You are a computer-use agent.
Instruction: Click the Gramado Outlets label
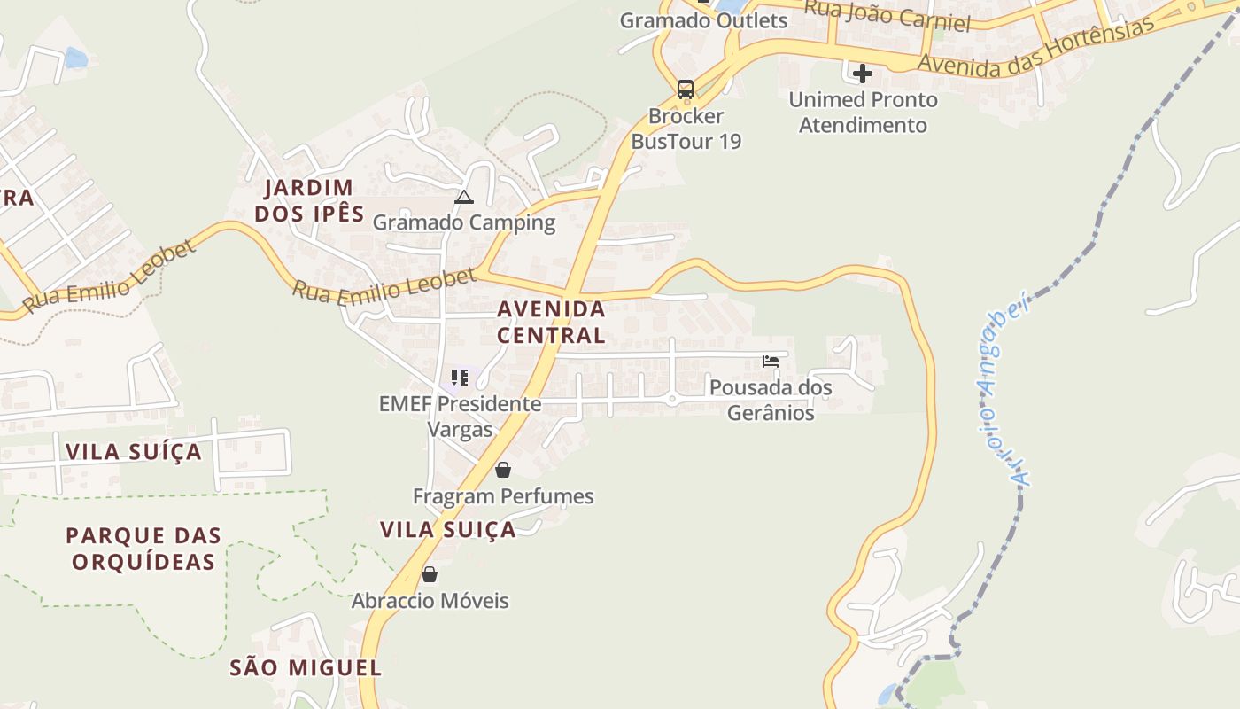(703, 20)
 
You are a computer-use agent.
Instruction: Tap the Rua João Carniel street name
(887, 15)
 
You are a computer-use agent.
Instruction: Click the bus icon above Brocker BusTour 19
(686, 89)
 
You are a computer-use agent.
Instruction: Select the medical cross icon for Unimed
(863, 74)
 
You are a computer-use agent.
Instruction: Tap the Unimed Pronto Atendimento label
(863, 113)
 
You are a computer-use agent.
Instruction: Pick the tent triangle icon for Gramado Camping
(464, 197)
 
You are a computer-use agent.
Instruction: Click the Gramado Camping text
(463, 222)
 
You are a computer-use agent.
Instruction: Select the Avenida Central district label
(551, 322)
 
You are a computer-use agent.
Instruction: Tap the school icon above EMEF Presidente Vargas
(459, 378)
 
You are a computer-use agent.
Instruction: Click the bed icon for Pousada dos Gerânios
(771, 362)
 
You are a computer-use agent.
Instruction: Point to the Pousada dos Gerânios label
(771, 400)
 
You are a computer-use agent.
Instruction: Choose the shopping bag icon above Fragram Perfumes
(503, 470)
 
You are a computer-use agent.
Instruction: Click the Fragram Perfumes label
(503, 496)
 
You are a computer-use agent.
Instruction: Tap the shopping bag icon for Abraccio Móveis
(430, 574)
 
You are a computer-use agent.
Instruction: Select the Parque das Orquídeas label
(143, 549)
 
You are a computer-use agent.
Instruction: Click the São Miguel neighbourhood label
(306, 668)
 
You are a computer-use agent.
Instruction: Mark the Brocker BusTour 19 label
(686, 129)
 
